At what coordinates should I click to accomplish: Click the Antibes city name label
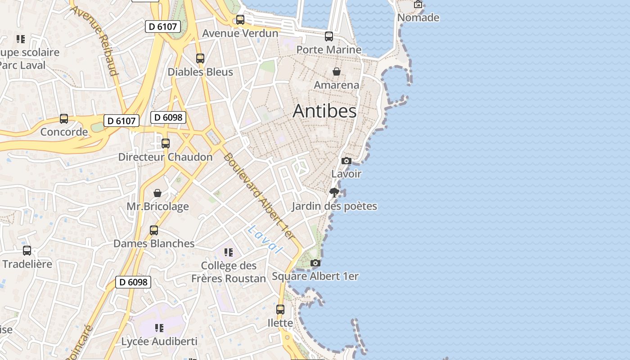324,111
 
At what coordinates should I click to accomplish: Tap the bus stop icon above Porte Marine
329,36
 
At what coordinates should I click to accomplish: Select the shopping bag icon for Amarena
336,72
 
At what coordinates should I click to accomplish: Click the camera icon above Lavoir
346,161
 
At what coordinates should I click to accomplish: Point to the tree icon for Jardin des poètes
334,193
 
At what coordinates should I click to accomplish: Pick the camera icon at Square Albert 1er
315,263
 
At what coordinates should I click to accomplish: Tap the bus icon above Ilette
280,310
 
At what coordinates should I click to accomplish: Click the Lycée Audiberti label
159,342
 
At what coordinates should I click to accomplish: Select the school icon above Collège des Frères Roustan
229,252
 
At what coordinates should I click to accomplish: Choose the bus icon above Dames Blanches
154,230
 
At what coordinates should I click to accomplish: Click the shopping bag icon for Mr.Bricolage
157,193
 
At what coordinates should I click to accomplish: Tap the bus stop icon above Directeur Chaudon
166,144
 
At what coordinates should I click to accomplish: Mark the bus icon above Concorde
64,119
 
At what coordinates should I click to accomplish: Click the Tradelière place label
27,264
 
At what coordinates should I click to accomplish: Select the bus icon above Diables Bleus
200,58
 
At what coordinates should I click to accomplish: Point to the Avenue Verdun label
240,33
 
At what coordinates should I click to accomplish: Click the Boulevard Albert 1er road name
259,197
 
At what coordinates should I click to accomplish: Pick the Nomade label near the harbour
418,18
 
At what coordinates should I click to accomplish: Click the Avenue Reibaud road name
94,40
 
